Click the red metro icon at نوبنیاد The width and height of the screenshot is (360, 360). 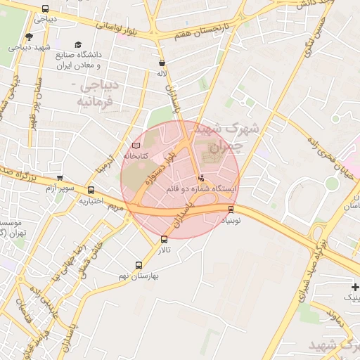click(x=231, y=209)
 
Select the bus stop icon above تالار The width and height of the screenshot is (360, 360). click(x=165, y=239)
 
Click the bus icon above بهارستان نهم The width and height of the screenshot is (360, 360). click(x=139, y=266)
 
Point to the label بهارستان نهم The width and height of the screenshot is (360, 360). click(x=139, y=276)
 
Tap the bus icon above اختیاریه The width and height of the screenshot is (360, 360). click(x=91, y=190)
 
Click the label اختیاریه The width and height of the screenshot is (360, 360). click(x=91, y=201)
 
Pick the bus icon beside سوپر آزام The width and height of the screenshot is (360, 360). click(x=60, y=178)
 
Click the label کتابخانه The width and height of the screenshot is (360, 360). click(x=135, y=155)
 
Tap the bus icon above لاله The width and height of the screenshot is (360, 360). click(x=162, y=62)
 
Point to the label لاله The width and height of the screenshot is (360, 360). click(x=162, y=72)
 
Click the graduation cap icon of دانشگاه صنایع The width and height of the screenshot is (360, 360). click(x=77, y=44)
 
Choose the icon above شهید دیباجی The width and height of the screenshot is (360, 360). click(x=28, y=37)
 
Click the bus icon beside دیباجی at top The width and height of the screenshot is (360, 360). click(x=46, y=9)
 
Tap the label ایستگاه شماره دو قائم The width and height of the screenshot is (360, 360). click(x=202, y=190)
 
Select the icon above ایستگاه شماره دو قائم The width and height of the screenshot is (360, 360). click(x=202, y=179)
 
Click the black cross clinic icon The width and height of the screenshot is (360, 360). click(x=356, y=287)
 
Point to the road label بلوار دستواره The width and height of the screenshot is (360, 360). click(x=159, y=169)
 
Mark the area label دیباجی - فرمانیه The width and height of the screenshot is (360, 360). click(x=96, y=93)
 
